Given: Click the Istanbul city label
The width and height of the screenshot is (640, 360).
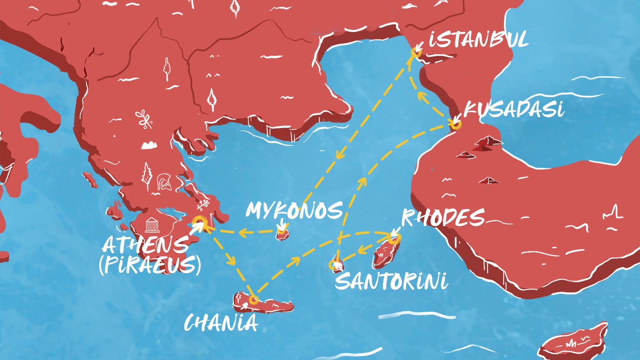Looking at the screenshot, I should (x=478, y=40).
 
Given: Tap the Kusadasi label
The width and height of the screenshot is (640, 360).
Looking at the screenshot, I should (x=514, y=109).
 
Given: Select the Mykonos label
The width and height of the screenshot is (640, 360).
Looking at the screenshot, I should (x=294, y=210).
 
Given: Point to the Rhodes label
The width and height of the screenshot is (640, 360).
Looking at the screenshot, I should (x=443, y=218).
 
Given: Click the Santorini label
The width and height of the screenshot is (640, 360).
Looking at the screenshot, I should (x=391, y=281).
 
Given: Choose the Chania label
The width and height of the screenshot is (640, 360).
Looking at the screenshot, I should (x=221, y=323).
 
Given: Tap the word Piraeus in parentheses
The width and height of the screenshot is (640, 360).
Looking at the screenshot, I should (x=150, y=265).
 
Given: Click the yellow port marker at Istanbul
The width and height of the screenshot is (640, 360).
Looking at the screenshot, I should (x=416, y=52).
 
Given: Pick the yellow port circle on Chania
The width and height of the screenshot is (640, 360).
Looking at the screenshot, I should (x=253, y=300).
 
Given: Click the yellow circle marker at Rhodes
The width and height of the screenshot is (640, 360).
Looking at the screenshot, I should (x=394, y=239).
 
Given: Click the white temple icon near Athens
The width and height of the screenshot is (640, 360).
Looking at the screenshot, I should (x=151, y=225).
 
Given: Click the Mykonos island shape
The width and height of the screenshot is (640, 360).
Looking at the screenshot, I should (x=282, y=235).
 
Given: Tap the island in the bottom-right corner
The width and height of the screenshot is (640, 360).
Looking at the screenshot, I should (x=574, y=342).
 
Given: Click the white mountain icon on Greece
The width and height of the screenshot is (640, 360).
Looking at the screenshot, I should (x=149, y=145).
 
